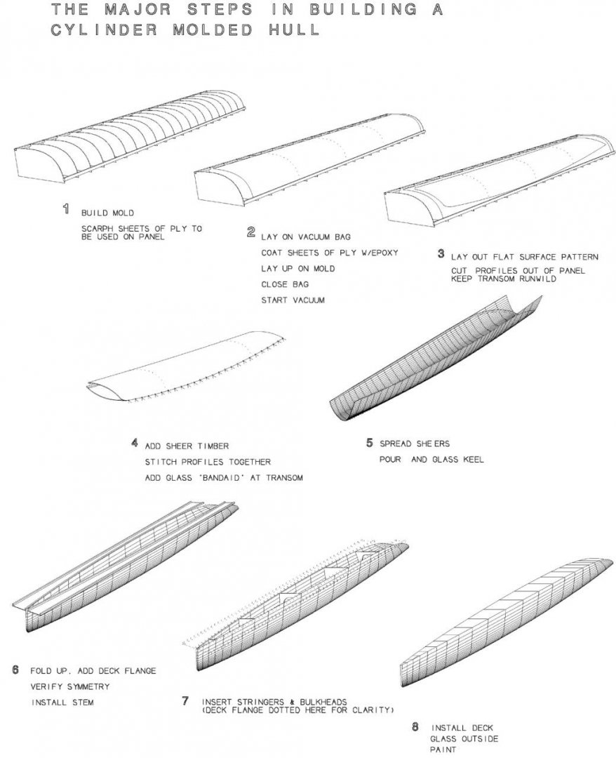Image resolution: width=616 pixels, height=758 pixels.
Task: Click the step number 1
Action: [x=67, y=208]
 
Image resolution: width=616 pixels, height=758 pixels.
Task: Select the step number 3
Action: [x=441, y=253]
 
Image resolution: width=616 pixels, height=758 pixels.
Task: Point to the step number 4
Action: [x=134, y=443]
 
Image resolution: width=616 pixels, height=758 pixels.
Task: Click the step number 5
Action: [x=369, y=443]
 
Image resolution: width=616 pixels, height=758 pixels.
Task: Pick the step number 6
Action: [x=15, y=669]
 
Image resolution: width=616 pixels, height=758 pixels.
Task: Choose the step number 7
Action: [x=185, y=700]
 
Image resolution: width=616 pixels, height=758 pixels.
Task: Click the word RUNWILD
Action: [x=539, y=279]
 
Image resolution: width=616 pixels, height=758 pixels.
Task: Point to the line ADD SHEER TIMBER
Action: [x=187, y=446]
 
